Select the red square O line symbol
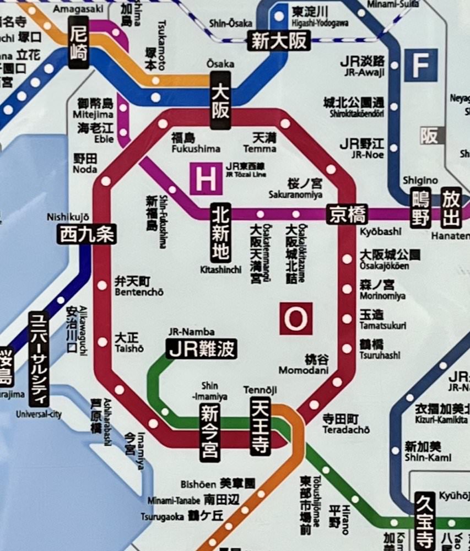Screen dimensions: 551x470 296,318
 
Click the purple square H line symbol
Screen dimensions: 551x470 206,179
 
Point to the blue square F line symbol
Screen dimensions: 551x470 420,65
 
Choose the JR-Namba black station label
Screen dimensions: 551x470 202,349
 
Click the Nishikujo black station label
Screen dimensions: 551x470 87,235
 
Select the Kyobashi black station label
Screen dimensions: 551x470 347,214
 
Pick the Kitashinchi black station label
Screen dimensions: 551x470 220,233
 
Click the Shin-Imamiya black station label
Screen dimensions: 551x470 210,432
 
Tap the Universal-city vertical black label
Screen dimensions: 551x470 39,358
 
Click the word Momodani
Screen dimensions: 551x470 303,370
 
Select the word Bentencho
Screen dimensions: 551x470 139,292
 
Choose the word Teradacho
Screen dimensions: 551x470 346,429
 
